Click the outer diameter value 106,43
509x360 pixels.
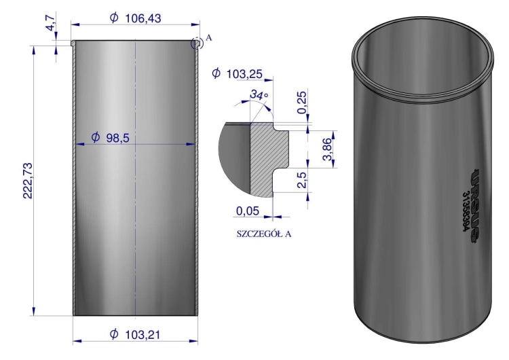coord(143,18)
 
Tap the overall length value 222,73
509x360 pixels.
coord(28,180)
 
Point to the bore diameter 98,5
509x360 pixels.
coord(117,138)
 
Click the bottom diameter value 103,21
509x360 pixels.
coord(143,334)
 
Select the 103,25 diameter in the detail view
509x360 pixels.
coord(244,74)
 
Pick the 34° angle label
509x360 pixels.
coord(259,94)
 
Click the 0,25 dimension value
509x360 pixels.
coord(301,103)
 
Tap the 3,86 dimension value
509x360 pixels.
coord(327,149)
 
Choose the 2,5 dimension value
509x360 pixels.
coord(301,180)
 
